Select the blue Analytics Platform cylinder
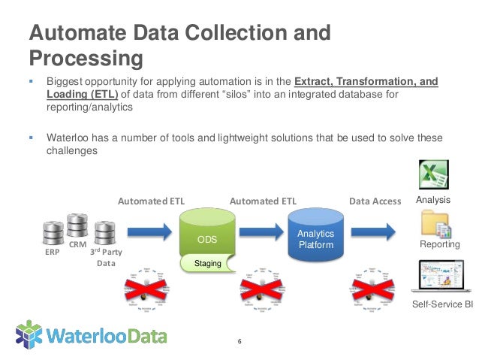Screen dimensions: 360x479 (x=315, y=237)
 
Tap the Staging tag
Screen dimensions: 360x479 (x=208, y=263)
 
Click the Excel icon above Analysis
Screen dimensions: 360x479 (x=434, y=177)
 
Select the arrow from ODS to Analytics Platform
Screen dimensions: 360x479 (x=261, y=231)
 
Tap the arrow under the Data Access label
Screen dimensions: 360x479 (x=372, y=231)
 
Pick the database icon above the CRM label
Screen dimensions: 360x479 (x=77, y=225)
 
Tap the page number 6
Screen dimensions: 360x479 (x=239, y=342)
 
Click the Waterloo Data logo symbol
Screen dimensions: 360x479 (x=29, y=334)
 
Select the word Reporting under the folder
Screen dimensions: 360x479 (x=440, y=245)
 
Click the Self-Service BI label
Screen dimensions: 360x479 (x=443, y=304)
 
